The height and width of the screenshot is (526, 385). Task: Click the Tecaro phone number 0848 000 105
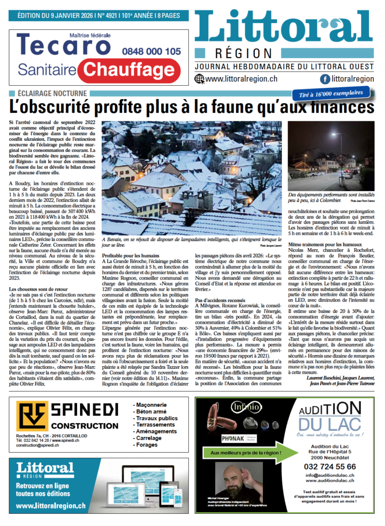point(151,51)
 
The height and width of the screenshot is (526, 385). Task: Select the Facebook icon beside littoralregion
point(324,79)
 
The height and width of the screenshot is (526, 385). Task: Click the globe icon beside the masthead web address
point(199,79)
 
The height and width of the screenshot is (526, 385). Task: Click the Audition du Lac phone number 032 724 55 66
point(330,466)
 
